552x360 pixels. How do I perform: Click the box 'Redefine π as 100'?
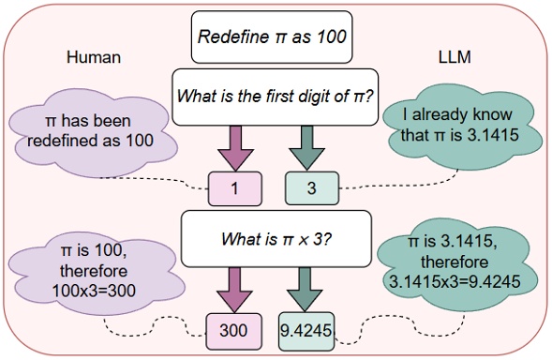[x=272, y=39]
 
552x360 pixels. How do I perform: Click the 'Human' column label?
[x=94, y=56]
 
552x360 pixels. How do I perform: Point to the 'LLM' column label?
[x=456, y=56]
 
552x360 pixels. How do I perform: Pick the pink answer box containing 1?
[x=234, y=188]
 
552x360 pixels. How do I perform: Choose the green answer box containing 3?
[x=309, y=188]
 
